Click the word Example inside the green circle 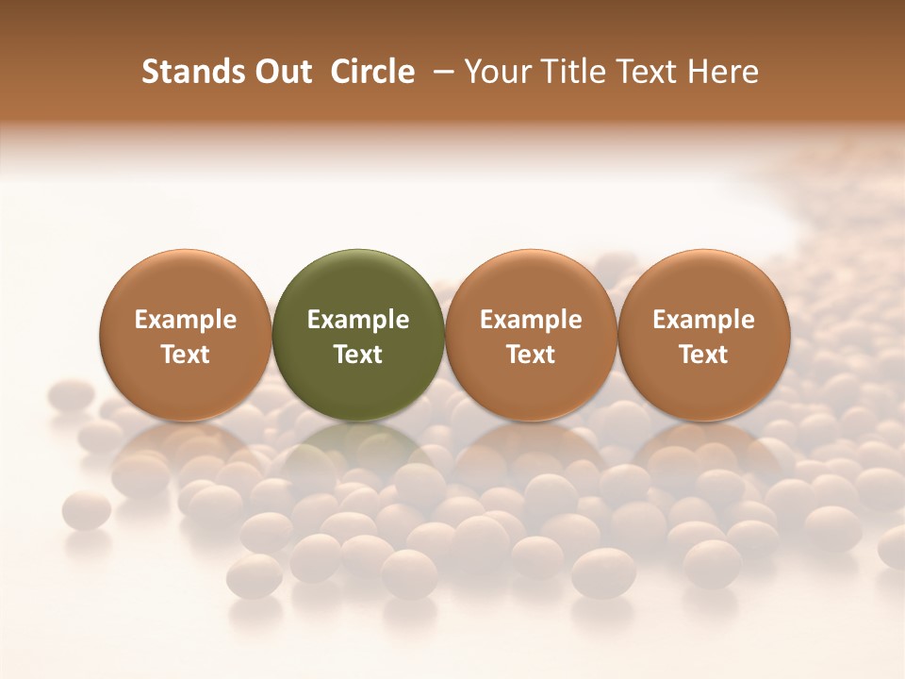(x=358, y=320)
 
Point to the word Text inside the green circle (x=358, y=355)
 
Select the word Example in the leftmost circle (x=186, y=320)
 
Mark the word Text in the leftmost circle (x=186, y=355)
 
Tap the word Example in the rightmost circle (x=704, y=320)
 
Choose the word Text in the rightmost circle (x=704, y=355)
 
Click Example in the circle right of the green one (x=531, y=320)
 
